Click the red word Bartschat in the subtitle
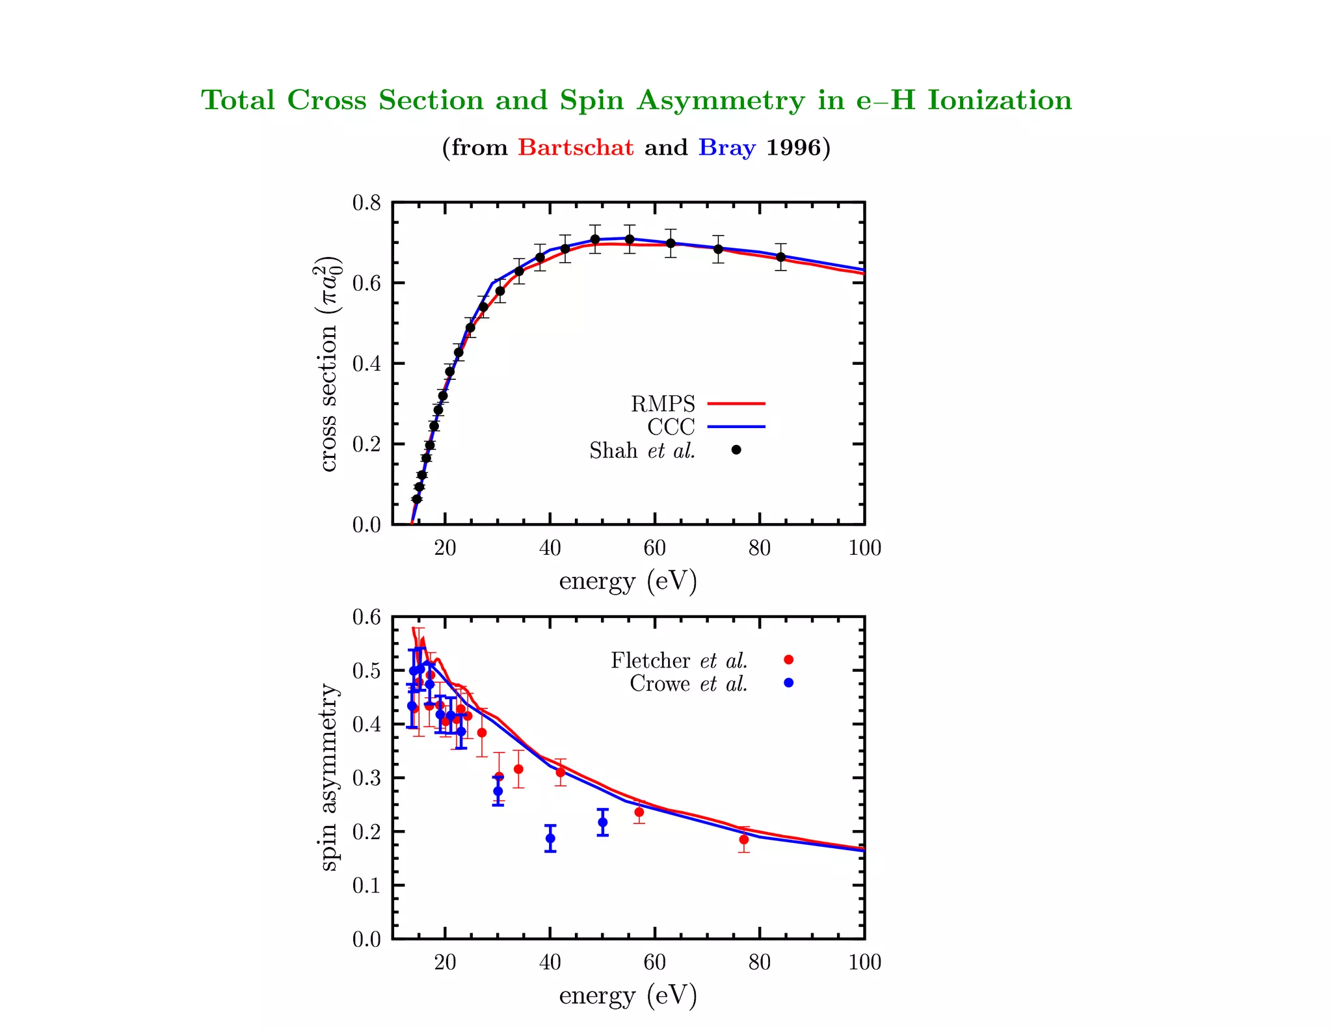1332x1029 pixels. [x=576, y=148]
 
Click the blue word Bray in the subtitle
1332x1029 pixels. [x=726, y=148]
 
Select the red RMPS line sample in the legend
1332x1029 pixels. [x=736, y=404]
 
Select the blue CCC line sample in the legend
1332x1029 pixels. [x=736, y=427]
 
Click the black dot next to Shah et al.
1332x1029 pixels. [x=736, y=450]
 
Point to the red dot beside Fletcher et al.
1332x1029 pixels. [x=788, y=660]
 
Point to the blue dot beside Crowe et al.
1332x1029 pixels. [x=788, y=683]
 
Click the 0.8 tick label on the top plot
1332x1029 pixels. [x=367, y=203]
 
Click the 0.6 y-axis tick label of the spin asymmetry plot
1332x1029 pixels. [x=367, y=617]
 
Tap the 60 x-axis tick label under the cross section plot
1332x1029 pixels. [x=654, y=548]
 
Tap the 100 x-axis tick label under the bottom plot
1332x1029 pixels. [x=864, y=962]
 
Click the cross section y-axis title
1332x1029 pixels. [x=329, y=364]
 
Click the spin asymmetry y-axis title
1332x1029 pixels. [x=329, y=777]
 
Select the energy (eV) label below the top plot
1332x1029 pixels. [x=628, y=580]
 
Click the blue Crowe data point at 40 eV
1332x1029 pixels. [x=550, y=838]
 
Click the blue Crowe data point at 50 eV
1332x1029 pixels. [x=603, y=822]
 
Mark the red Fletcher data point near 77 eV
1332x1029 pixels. [x=743, y=840]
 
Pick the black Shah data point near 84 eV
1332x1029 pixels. [x=780, y=257]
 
